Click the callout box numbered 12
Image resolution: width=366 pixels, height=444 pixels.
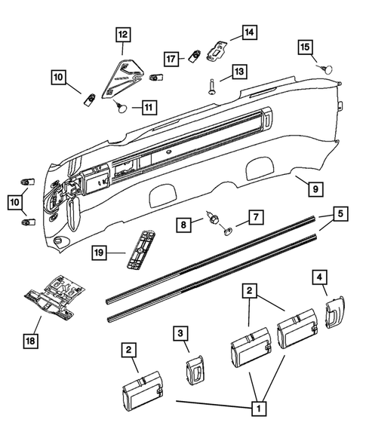(122, 34)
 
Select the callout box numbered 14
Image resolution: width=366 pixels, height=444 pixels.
(249, 32)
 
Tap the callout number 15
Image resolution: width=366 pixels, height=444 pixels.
(305, 47)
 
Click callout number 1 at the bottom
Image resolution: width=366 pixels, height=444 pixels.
(259, 409)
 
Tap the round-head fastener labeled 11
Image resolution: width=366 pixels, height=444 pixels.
(121, 107)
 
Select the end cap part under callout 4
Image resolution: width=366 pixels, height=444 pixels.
(333, 314)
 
